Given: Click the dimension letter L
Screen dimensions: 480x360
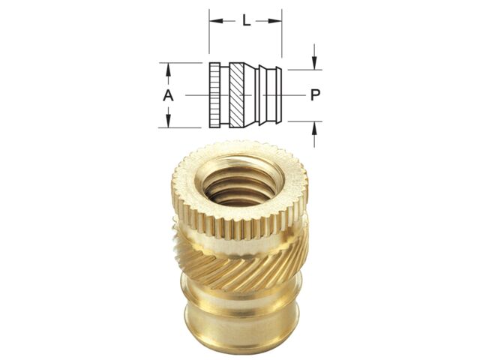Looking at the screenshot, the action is [x=247, y=21].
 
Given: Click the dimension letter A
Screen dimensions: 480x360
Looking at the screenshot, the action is [x=168, y=95].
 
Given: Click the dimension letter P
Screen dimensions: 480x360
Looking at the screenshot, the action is [x=315, y=95].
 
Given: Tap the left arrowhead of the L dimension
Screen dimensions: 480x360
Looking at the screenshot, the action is [x=215, y=21].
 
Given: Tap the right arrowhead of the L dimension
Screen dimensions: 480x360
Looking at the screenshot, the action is [x=275, y=21].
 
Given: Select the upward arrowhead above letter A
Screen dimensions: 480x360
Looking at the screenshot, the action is [x=168, y=70].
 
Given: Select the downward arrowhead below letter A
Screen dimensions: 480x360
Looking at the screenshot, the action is [x=168, y=121].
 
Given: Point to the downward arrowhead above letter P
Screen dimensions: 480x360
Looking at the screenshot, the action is [x=314, y=63].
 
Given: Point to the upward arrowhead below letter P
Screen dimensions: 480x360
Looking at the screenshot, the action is [x=314, y=127].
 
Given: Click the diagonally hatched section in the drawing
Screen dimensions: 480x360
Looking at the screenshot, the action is [x=237, y=95].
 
